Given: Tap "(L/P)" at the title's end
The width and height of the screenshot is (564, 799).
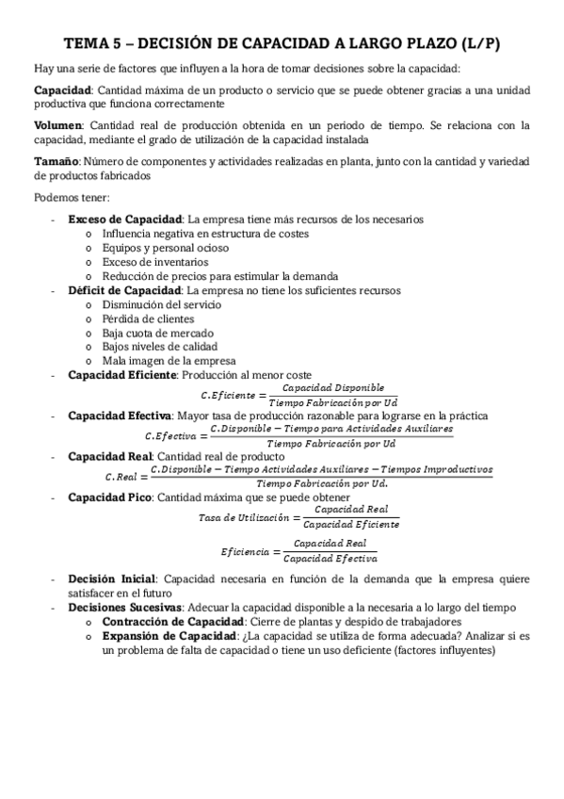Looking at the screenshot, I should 475,43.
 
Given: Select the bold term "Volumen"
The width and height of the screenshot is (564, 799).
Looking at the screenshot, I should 56,125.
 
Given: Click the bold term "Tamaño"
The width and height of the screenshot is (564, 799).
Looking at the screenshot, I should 55,161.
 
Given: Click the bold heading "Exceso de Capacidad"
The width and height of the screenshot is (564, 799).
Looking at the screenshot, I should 124,220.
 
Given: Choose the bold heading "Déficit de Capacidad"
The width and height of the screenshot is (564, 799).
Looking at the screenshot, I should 125,291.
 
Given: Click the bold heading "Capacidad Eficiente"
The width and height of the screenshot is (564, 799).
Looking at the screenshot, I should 122,375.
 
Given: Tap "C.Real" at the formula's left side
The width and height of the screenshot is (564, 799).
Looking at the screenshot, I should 122,477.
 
